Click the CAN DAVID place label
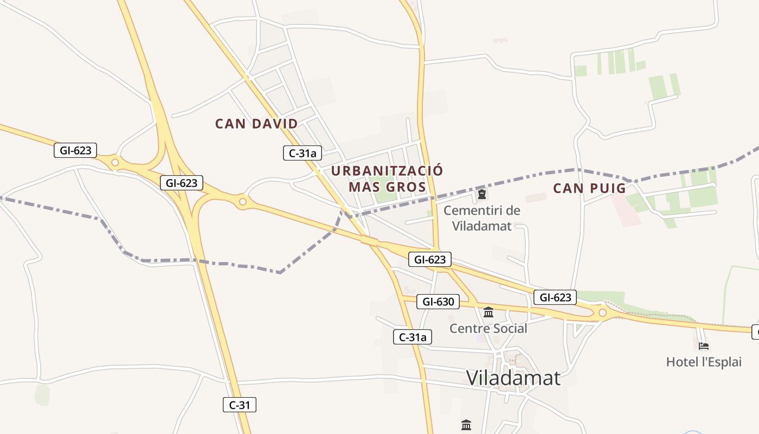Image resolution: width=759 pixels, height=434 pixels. (256, 124)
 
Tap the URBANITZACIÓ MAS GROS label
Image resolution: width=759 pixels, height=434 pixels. (387, 178)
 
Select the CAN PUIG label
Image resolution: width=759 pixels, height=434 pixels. (589, 188)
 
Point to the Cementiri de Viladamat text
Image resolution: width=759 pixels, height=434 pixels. (482, 218)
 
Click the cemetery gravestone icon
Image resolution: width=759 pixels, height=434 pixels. (481, 194)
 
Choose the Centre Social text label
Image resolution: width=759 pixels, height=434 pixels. (488, 328)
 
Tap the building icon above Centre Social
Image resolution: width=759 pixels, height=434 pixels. (488, 312)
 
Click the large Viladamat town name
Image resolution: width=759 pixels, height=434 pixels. (513, 378)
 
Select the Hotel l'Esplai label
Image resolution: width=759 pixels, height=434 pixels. (704, 362)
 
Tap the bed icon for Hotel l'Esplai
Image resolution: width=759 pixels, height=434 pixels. (704, 346)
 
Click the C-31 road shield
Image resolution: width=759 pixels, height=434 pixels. (239, 405)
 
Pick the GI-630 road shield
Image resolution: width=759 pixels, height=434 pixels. (438, 302)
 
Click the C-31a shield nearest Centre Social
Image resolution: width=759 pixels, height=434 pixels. (413, 337)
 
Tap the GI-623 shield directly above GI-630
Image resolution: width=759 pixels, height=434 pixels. (429, 260)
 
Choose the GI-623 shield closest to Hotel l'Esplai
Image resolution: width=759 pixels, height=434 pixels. (555, 297)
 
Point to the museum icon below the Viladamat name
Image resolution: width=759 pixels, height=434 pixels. (466, 425)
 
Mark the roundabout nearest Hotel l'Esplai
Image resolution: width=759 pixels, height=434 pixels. (602, 312)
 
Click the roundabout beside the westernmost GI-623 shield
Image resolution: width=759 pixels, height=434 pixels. (115, 162)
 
